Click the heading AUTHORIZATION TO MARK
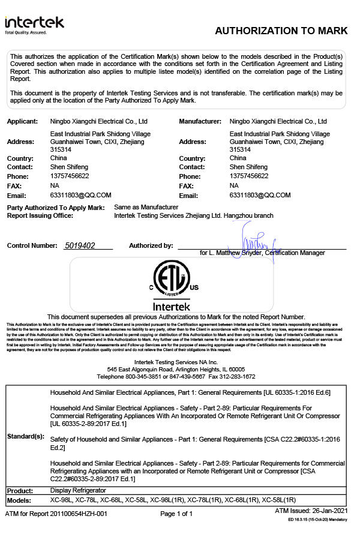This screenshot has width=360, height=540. (281, 31)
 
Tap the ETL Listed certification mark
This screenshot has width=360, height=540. (172, 280)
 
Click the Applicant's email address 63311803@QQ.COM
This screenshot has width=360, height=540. (81, 196)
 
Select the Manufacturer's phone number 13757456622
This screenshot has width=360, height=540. (249, 176)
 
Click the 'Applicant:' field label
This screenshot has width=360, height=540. (22, 121)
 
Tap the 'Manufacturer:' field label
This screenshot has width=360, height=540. (200, 121)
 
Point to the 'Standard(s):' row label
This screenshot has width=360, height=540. (25, 436)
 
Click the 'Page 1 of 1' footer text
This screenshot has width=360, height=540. (176, 514)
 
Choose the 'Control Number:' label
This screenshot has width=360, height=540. (31, 246)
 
